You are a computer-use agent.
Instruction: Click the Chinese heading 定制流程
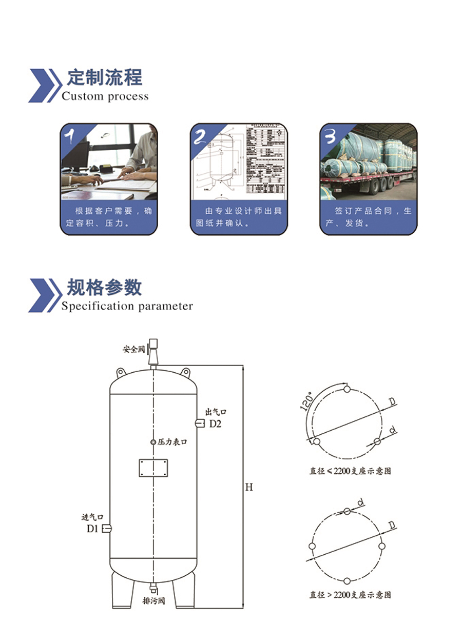tap(104, 78)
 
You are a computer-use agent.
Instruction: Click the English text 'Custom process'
tap(105, 96)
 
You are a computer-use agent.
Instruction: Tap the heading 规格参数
tap(104, 288)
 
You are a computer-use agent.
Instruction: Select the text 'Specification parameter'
tap(127, 307)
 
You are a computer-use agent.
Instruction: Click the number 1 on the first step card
tap(71, 136)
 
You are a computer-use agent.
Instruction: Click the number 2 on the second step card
tap(200, 136)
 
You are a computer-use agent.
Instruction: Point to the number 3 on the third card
tap(331, 136)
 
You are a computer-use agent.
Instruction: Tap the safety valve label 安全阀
tap(133, 349)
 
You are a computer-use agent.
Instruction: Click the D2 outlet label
tap(215, 424)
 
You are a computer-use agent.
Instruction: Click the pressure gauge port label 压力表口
tap(172, 442)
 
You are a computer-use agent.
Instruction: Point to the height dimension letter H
tap(248, 487)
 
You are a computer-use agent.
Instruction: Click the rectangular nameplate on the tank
tap(153, 468)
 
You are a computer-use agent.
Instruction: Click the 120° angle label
tap(306, 402)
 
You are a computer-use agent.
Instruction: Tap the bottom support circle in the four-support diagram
tap(347, 581)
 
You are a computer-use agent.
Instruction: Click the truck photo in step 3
tap(368, 164)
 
